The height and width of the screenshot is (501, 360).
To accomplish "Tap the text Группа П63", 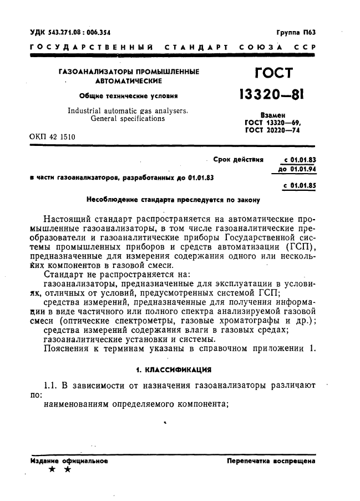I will point(296,33).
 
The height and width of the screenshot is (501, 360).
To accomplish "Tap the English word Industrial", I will point(87,110).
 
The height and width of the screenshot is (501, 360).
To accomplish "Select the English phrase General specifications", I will point(127,118).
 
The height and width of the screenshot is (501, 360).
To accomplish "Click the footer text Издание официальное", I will point(69,461).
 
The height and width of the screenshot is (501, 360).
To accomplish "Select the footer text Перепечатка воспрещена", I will point(271,461).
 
